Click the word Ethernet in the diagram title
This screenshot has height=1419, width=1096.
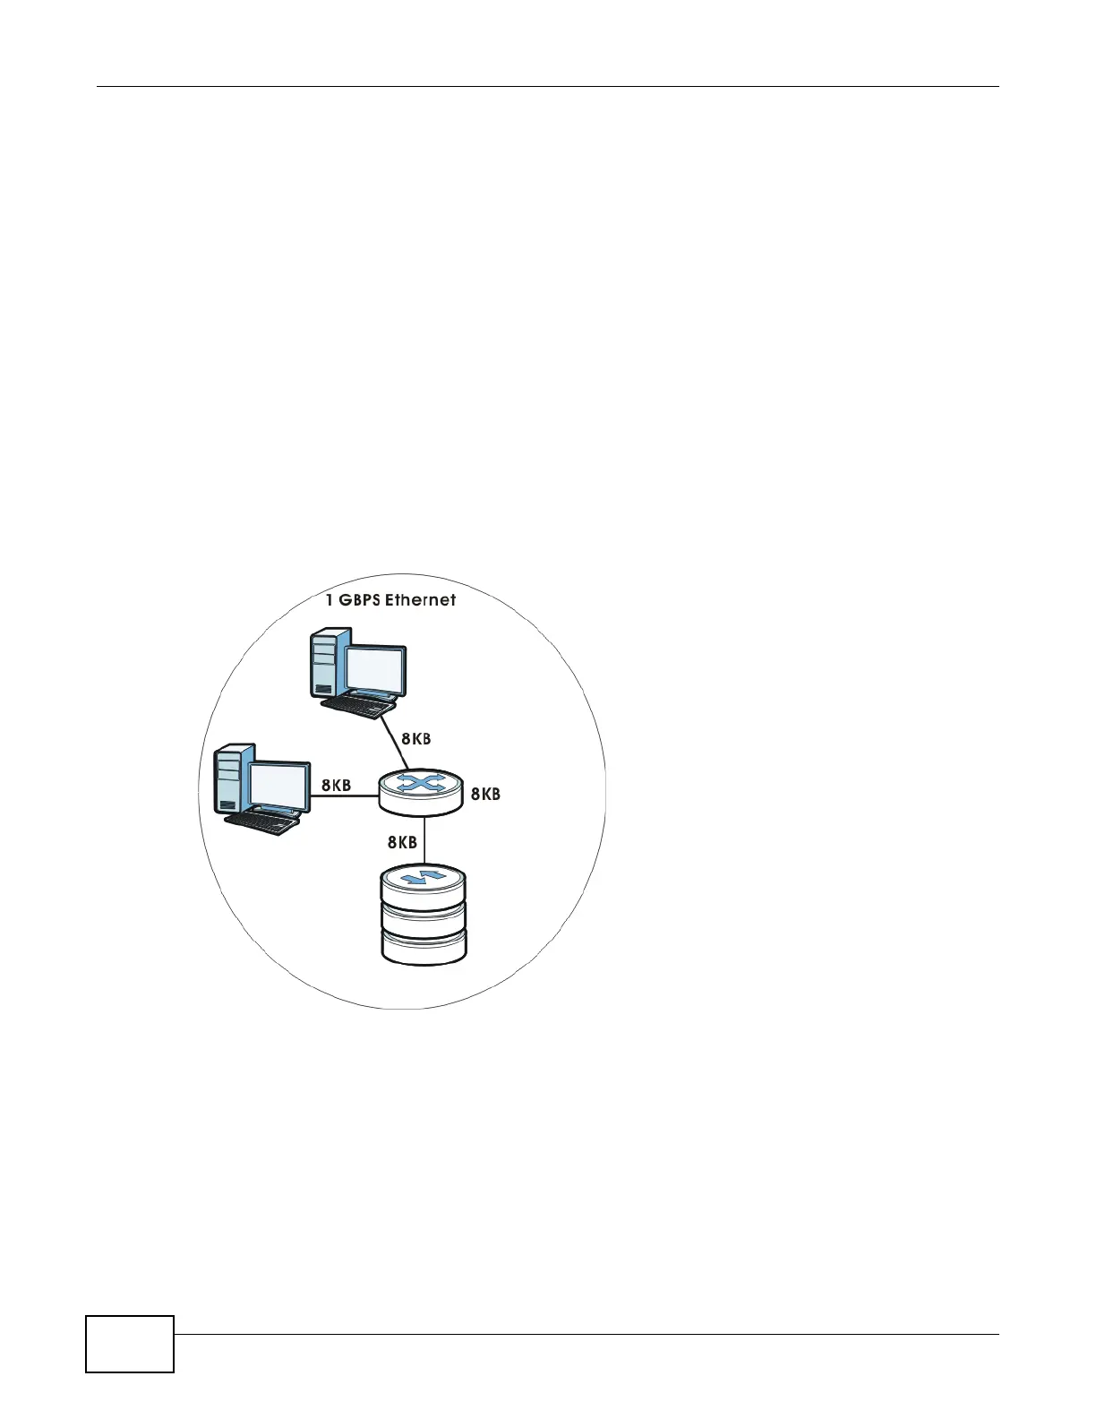(420, 600)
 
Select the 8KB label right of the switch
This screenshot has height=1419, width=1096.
(485, 794)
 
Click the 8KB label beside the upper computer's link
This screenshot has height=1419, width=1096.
(415, 739)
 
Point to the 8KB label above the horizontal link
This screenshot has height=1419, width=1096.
(336, 786)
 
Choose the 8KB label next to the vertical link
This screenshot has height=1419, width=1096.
(402, 842)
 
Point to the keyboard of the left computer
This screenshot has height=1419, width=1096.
(261, 821)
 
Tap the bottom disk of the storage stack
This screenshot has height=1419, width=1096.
(424, 947)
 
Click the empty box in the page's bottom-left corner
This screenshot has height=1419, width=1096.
(130, 1344)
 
